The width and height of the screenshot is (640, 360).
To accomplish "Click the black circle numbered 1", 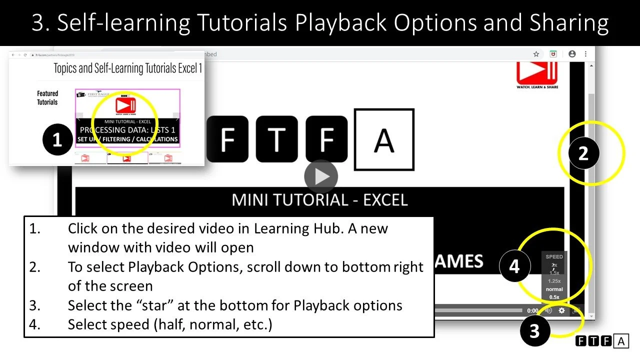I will click(x=57, y=139).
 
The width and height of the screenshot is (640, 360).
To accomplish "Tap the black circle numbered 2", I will click(x=583, y=153).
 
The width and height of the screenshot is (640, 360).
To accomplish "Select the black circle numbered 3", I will click(x=534, y=331).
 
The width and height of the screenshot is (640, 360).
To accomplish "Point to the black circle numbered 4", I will click(x=514, y=266).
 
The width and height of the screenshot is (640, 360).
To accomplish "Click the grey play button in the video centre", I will click(x=321, y=176).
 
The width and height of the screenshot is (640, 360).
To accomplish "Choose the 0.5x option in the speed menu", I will click(x=554, y=297).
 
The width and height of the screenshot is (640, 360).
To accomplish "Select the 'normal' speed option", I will click(x=554, y=289).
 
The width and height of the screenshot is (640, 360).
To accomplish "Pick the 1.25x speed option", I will click(x=554, y=281).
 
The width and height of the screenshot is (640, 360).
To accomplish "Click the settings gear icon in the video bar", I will click(x=561, y=310).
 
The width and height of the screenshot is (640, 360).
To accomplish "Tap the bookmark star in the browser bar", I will click(x=536, y=54).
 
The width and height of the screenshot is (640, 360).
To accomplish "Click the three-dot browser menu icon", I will click(x=585, y=54).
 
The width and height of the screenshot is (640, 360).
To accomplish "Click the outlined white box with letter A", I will click(x=384, y=139).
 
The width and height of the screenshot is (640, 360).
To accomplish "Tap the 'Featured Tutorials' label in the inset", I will click(x=47, y=97).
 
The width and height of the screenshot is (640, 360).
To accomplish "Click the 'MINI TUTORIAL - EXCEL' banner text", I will click(x=320, y=200).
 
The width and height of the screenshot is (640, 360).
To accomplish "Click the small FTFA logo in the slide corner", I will click(x=602, y=341).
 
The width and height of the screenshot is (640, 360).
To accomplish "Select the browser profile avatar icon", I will click(x=572, y=54).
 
